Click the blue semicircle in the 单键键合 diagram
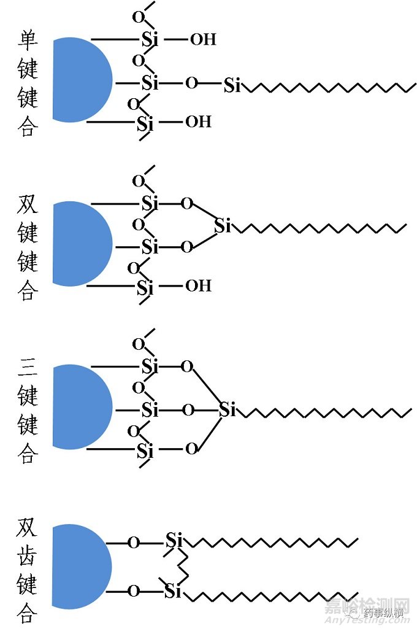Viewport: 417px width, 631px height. point(80,80)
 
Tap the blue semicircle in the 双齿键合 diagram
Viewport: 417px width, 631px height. point(80,566)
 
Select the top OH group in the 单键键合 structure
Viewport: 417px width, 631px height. point(203,40)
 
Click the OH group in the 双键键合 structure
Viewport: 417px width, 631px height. point(198,285)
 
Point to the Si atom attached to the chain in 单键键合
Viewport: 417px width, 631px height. point(232,85)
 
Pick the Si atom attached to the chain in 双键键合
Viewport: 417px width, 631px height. point(223,226)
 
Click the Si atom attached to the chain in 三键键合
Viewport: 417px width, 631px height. point(228,409)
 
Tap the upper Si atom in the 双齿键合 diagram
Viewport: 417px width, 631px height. point(174,541)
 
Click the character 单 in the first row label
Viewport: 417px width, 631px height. point(28,41)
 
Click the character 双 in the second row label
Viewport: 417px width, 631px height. point(28,204)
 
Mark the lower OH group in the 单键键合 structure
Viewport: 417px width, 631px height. point(198,122)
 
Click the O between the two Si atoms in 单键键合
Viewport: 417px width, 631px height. point(192,83)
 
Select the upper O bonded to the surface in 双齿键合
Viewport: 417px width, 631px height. point(133,543)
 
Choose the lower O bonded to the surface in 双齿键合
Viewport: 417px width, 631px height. point(133,592)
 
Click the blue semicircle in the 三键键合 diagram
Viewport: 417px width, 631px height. point(80,406)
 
